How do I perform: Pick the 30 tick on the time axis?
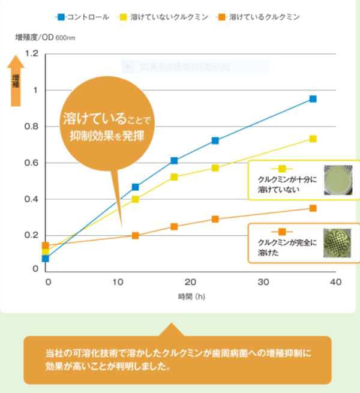pos(263,282)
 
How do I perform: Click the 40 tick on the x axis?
pos(335,282)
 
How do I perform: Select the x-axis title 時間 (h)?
pos(192,297)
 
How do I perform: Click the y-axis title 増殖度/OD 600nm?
pos(46,38)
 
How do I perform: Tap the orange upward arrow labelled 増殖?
pos(16,81)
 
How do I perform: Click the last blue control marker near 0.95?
pos(313,99)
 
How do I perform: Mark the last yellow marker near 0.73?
pos(313,139)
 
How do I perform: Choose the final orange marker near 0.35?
pos(313,208)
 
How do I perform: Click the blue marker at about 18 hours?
pos(174,161)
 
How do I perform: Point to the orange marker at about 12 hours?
pos(135,235)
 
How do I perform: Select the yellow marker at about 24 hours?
pos(215,168)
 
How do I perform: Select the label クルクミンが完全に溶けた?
pos(282,247)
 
